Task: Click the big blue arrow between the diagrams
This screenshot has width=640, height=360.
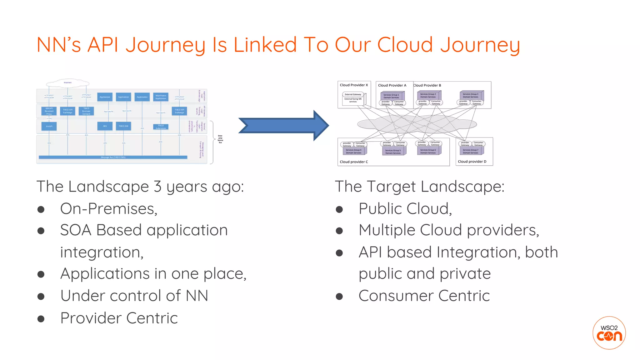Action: click(x=283, y=126)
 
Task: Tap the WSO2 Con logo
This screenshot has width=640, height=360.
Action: click(x=609, y=333)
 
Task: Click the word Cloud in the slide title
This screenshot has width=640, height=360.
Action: click(x=405, y=44)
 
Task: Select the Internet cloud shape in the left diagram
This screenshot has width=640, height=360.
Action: click(x=68, y=83)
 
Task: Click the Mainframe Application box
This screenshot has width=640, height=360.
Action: click(x=161, y=97)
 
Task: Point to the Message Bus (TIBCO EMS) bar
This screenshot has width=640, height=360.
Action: click(x=113, y=157)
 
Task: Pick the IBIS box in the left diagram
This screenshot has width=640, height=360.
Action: click(x=105, y=126)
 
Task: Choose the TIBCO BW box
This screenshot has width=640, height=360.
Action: click(x=123, y=126)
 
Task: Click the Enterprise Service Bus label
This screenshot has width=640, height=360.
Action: click(x=220, y=139)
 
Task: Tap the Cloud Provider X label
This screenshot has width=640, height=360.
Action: click(x=354, y=85)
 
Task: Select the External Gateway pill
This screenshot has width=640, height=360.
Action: click(x=353, y=94)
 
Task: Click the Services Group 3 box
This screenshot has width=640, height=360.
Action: click(x=471, y=95)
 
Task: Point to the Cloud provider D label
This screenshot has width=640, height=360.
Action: click(x=472, y=162)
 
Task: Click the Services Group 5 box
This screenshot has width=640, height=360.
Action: click(x=393, y=152)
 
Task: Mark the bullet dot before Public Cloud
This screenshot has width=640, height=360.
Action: click(x=339, y=209)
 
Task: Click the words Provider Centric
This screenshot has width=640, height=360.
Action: click(x=119, y=318)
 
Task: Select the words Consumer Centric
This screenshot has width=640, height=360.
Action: click(x=424, y=296)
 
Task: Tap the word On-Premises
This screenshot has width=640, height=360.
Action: click(x=108, y=209)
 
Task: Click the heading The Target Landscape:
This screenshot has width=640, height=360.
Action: click(x=419, y=187)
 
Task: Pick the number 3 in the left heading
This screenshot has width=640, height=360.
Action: click(x=157, y=187)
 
